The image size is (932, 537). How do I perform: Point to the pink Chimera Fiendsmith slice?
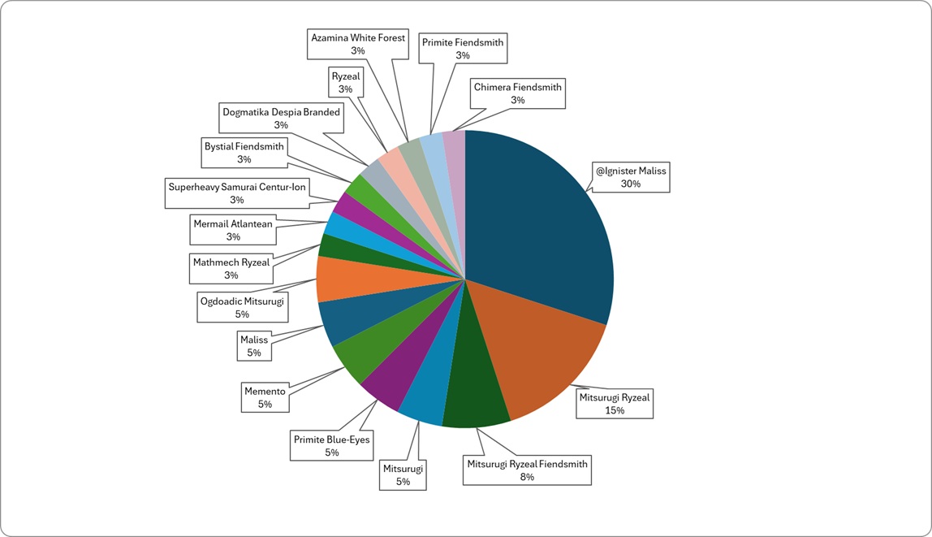click(x=457, y=179)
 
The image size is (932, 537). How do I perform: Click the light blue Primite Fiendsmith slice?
click(x=440, y=179)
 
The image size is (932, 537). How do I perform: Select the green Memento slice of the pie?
click(x=381, y=345)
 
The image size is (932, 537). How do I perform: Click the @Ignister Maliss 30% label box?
click(x=631, y=177)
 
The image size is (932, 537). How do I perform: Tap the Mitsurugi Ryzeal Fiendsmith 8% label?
click(x=527, y=470)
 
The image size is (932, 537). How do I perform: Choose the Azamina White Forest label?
click(x=358, y=44)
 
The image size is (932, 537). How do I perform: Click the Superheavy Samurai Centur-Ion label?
click(x=237, y=193)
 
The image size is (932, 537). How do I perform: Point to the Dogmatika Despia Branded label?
click(x=281, y=119)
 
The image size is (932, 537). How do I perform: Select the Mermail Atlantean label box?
click(x=233, y=230)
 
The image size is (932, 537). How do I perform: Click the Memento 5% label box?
click(x=265, y=397)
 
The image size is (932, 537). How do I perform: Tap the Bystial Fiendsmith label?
click(x=244, y=153)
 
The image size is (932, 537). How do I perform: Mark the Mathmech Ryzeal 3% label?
click(x=231, y=268)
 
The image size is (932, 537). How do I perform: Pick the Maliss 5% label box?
click(x=254, y=345)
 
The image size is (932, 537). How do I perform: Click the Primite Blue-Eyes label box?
click(x=332, y=445)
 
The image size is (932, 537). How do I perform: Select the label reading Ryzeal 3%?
click(x=346, y=82)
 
